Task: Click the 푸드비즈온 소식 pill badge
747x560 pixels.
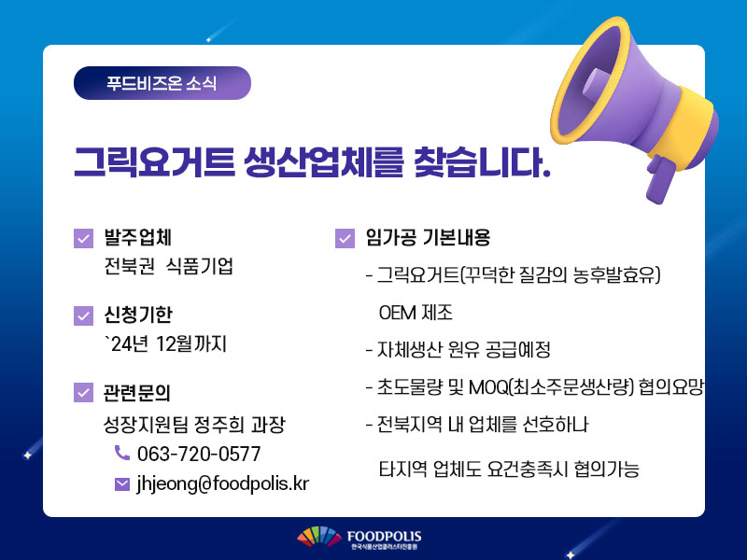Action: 162,83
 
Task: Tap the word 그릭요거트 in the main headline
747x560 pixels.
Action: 154,162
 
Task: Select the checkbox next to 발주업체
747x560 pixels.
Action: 83,238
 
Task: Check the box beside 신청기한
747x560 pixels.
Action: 83,315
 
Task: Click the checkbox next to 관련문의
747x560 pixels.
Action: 83,392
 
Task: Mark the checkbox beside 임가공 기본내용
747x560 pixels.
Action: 345,238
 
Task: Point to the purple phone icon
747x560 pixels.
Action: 122,453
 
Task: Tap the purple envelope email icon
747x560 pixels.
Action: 122,484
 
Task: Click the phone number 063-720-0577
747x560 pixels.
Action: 199,454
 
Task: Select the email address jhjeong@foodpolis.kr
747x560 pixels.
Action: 223,483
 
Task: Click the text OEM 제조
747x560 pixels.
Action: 416,313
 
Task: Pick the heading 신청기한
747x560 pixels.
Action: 138,315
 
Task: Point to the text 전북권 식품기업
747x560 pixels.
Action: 169,266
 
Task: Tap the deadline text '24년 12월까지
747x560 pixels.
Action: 166,343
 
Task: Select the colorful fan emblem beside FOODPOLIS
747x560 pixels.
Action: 319,536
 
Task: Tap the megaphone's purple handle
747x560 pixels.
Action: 660,179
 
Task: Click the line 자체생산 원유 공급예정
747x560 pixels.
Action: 458,350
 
